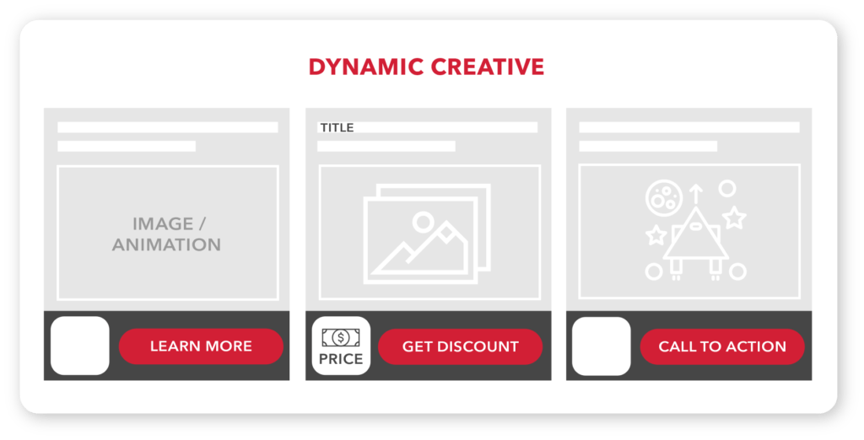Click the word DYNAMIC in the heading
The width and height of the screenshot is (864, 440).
pyautogui.click(x=366, y=67)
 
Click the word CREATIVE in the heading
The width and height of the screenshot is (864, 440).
pyautogui.click(x=487, y=67)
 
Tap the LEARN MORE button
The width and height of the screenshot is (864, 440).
pyautogui.click(x=201, y=346)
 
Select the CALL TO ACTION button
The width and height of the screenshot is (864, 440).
pyautogui.click(x=722, y=346)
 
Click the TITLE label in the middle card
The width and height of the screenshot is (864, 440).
pyautogui.click(x=337, y=127)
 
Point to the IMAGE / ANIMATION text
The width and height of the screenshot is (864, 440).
pyautogui.click(x=167, y=234)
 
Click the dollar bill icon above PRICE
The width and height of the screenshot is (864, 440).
pyautogui.click(x=341, y=337)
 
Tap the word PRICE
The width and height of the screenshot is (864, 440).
pyautogui.click(x=341, y=359)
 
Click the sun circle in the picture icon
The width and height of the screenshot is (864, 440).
pyautogui.click(x=424, y=222)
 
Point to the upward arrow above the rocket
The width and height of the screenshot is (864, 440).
pyautogui.click(x=695, y=194)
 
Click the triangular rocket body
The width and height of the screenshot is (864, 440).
pyautogui.click(x=695, y=259)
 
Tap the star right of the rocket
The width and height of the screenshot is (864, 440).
pyautogui.click(x=735, y=218)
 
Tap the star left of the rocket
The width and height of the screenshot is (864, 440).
pyautogui.click(x=656, y=235)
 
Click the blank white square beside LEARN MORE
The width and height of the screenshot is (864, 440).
pyautogui.click(x=80, y=346)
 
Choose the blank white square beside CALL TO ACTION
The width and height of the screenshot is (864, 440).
pyautogui.click(x=601, y=346)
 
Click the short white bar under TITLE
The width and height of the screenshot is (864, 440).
pyautogui.click(x=386, y=146)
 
